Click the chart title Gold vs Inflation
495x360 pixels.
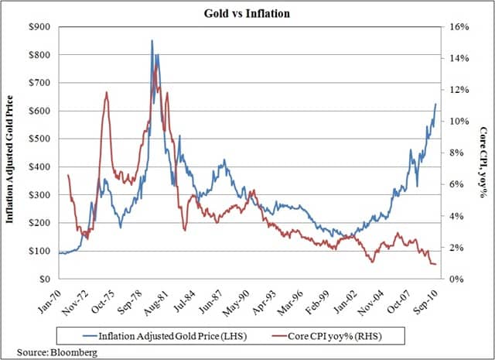coord(247,12)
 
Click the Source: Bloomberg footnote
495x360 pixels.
coord(46,353)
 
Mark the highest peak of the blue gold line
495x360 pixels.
coord(152,40)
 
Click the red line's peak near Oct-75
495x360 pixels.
coord(106,92)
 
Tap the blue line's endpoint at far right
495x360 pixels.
coord(435,104)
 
